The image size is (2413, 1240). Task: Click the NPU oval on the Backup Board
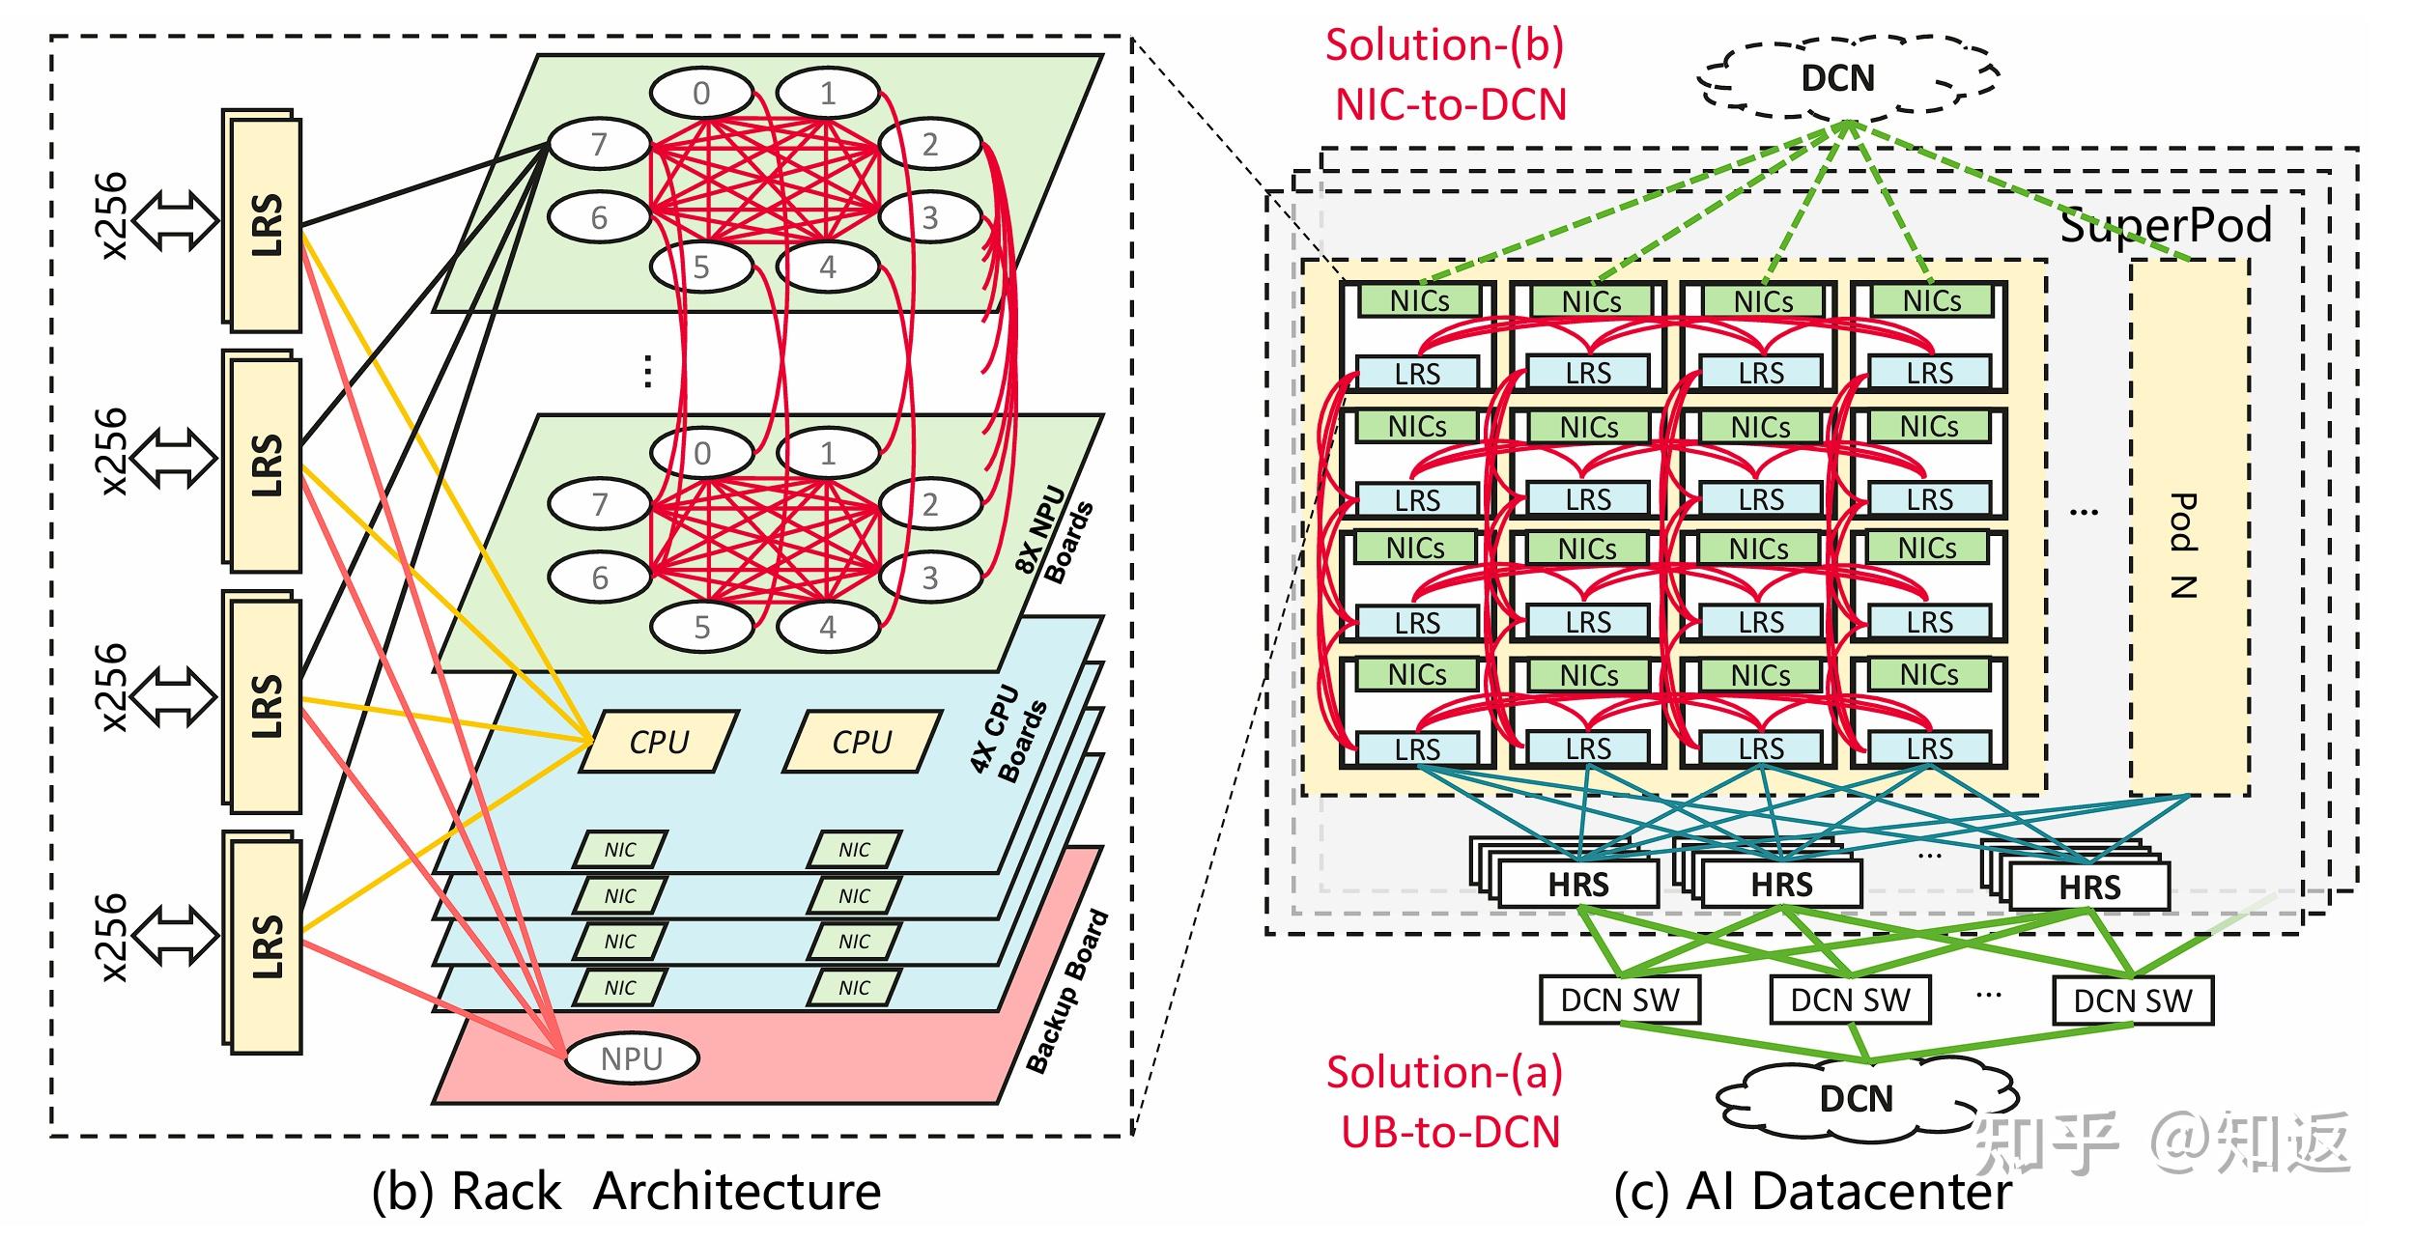coord(632,1058)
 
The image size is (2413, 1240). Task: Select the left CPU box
coord(660,742)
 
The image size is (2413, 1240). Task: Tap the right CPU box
coord(863,742)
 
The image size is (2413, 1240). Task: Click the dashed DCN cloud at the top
coord(1847,76)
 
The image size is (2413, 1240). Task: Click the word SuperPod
coord(2166,225)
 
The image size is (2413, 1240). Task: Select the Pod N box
coord(2190,527)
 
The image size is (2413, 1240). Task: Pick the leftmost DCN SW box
coord(1620,1000)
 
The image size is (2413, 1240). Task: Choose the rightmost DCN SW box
coord(2133,1000)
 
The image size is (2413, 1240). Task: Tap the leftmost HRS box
coord(1578,884)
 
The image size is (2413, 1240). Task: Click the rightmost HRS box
coord(2089,887)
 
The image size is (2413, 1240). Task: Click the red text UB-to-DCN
coord(1450,1132)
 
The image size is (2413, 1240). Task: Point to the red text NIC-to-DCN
coord(1450,104)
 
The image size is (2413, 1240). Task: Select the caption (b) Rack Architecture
coord(626,1191)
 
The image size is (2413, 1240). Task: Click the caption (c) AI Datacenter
coord(1812,1191)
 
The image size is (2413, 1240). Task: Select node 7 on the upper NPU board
coord(599,144)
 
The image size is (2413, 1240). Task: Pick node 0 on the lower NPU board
coord(702,453)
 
